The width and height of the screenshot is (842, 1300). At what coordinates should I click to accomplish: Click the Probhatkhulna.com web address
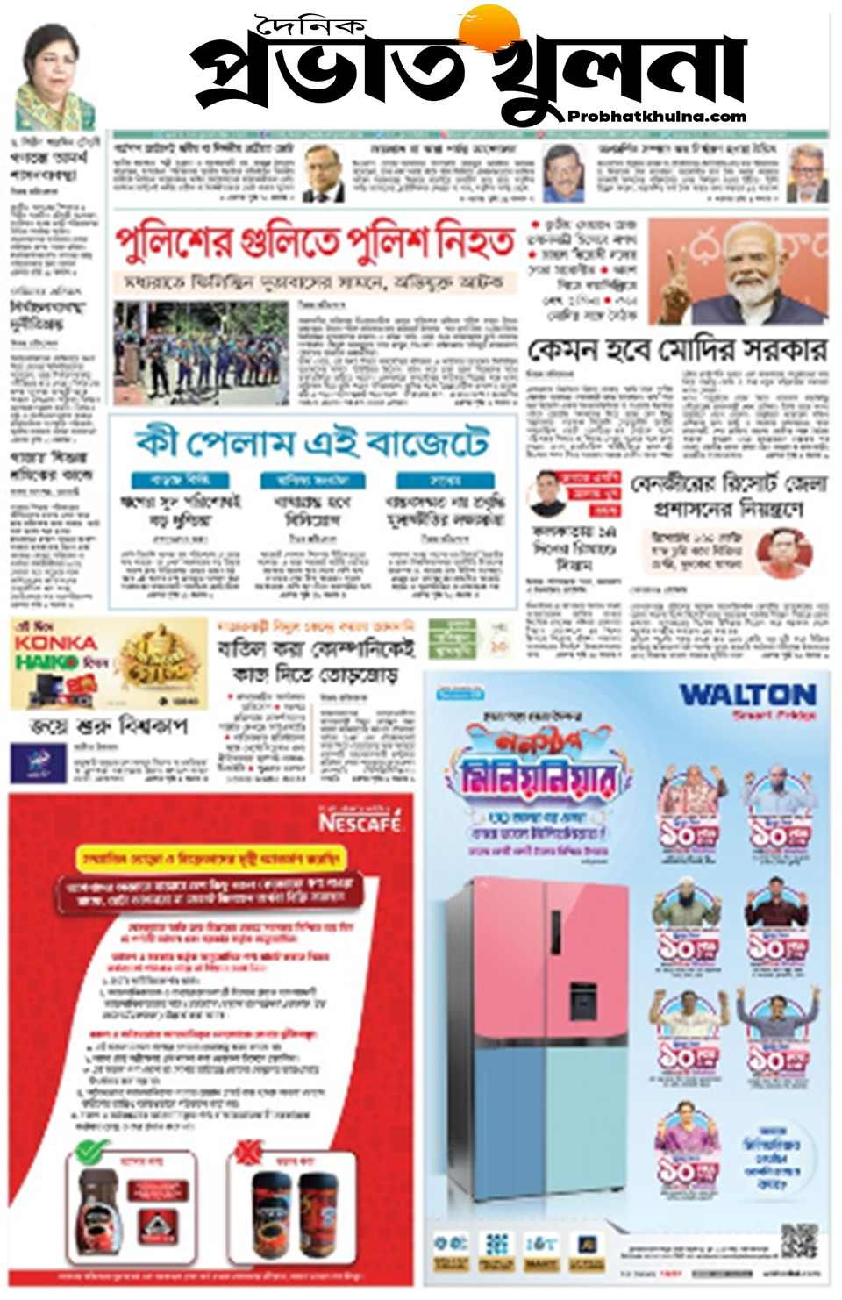point(657,117)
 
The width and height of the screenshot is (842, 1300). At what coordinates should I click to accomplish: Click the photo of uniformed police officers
point(200,353)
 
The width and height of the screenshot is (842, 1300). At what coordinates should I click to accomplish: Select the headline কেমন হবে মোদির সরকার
point(676,350)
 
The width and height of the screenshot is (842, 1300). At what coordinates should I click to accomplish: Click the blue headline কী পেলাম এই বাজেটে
point(311,442)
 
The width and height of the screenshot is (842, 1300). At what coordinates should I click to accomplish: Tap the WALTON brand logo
point(747,696)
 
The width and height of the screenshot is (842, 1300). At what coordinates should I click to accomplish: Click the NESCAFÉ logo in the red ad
point(360,822)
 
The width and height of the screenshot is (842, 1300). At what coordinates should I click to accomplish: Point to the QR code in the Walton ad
point(798,1241)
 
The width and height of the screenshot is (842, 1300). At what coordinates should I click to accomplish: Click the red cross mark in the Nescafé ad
point(249,1150)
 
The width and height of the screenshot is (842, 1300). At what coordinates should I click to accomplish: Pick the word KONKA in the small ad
point(54,643)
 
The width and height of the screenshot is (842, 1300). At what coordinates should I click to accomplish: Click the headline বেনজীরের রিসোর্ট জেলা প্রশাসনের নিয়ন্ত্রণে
point(728,496)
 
